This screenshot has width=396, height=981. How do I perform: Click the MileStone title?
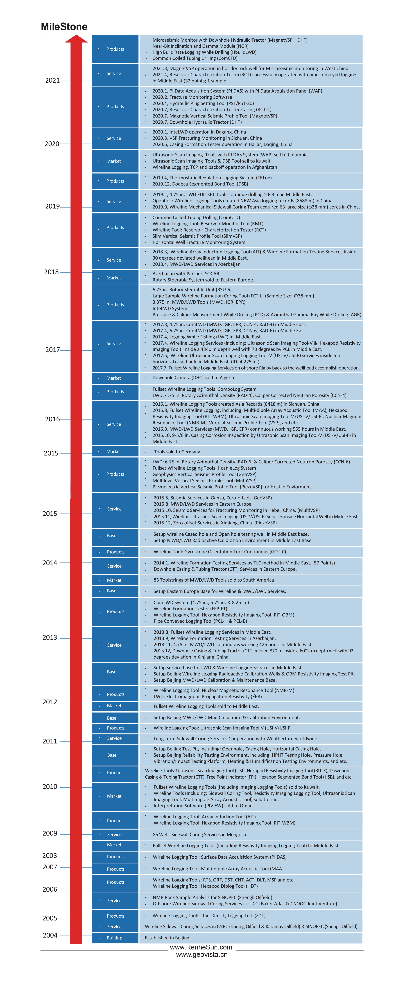click(x=64, y=27)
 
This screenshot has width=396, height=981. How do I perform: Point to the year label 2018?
click(x=51, y=272)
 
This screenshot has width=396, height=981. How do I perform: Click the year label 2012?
click(x=50, y=702)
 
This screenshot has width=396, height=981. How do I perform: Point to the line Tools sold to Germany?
click(x=177, y=452)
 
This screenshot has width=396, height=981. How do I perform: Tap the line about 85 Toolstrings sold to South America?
click(x=214, y=580)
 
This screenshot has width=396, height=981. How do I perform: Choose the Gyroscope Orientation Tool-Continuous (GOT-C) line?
click(x=220, y=552)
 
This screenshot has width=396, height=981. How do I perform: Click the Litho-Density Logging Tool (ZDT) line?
click(x=209, y=915)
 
